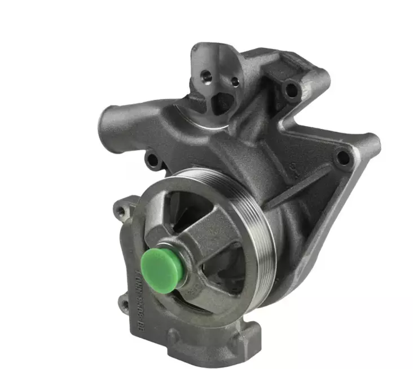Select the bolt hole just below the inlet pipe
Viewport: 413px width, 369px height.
152,161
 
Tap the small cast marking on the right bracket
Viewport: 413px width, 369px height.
294,167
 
